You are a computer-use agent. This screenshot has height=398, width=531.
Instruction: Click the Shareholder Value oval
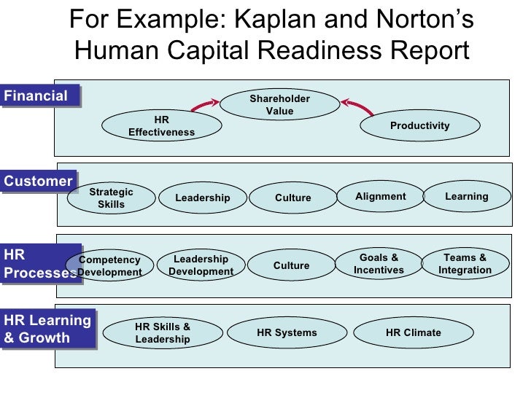[x=279, y=105]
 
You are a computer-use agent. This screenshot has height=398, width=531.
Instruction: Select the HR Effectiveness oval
[x=161, y=126]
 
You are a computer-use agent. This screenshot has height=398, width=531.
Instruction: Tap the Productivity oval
[x=419, y=126]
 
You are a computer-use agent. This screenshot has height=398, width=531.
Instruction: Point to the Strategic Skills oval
[x=111, y=198]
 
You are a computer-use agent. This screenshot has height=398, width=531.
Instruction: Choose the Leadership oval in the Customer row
[x=203, y=198]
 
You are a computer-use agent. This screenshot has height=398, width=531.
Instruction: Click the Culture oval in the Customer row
[x=292, y=198]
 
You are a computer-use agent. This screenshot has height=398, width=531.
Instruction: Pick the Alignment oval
[x=380, y=197]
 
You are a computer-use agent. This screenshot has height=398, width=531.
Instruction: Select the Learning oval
[x=466, y=197]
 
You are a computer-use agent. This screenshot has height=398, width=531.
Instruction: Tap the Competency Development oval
[x=109, y=266]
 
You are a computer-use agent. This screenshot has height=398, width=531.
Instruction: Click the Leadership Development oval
[x=201, y=265]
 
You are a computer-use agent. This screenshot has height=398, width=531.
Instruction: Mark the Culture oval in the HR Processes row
[x=291, y=266]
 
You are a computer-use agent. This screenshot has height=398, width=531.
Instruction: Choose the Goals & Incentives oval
[x=379, y=264]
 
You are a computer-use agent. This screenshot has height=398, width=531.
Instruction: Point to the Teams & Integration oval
[x=465, y=264]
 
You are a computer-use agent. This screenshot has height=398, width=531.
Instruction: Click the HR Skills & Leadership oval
[x=162, y=333]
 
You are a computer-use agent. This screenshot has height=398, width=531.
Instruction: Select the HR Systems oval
[x=287, y=333]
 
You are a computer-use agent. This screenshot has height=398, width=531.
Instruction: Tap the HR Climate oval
[x=413, y=333]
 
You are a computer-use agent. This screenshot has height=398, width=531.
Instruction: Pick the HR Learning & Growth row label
[x=47, y=329]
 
